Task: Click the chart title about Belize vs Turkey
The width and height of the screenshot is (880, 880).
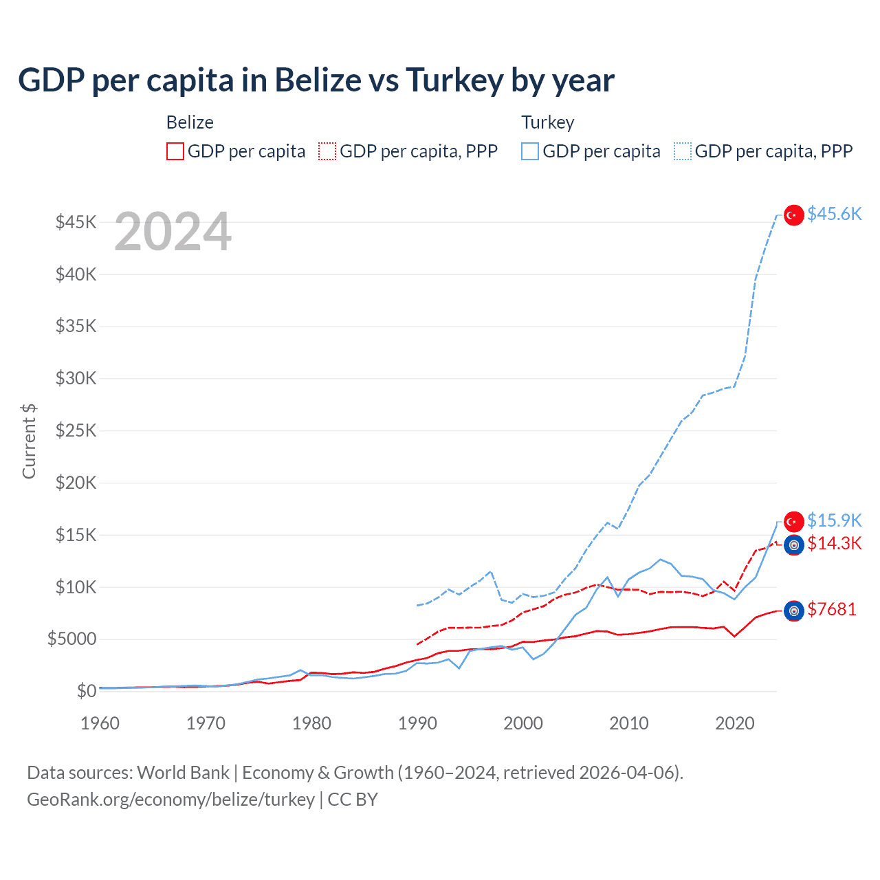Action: click(x=316, y=80)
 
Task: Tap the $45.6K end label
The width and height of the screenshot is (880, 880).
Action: click(x=834, y=214)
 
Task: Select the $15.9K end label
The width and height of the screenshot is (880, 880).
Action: click(x=834, y=520)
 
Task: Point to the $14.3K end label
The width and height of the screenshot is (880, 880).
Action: click(x=834, y=543)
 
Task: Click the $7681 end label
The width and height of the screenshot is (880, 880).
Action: click(x=832, y=609)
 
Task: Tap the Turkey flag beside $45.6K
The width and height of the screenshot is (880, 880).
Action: click(x=794, y=215)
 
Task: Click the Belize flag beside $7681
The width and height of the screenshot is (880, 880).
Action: click(x=794, y=610)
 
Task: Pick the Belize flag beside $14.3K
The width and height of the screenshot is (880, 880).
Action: click(x=794, y=545)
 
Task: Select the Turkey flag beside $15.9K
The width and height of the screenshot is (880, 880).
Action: click(x=794, y=522)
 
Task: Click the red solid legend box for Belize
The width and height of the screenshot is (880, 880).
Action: click(x=175, y=151)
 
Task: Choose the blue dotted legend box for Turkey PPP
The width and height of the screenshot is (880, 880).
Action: click(x=683, y=151)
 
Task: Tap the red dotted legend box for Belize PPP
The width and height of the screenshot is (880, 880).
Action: click(x=327, y=151)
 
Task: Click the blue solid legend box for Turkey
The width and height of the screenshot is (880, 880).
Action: click(x=530, y=151)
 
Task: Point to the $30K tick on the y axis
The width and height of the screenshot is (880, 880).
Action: click(x=76, y=378)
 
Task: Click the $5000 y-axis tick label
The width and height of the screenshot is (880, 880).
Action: click(x=71, y=639)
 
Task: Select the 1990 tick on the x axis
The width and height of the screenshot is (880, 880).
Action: click(x=417, y=723)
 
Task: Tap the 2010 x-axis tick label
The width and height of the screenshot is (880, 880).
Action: click(x=629, y=723)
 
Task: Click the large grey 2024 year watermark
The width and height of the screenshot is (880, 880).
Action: click(x=173, y=232)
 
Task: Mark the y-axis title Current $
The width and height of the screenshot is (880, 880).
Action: click(x=29, y=441)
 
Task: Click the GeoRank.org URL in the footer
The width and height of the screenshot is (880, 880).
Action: click(x=170, y=800)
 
